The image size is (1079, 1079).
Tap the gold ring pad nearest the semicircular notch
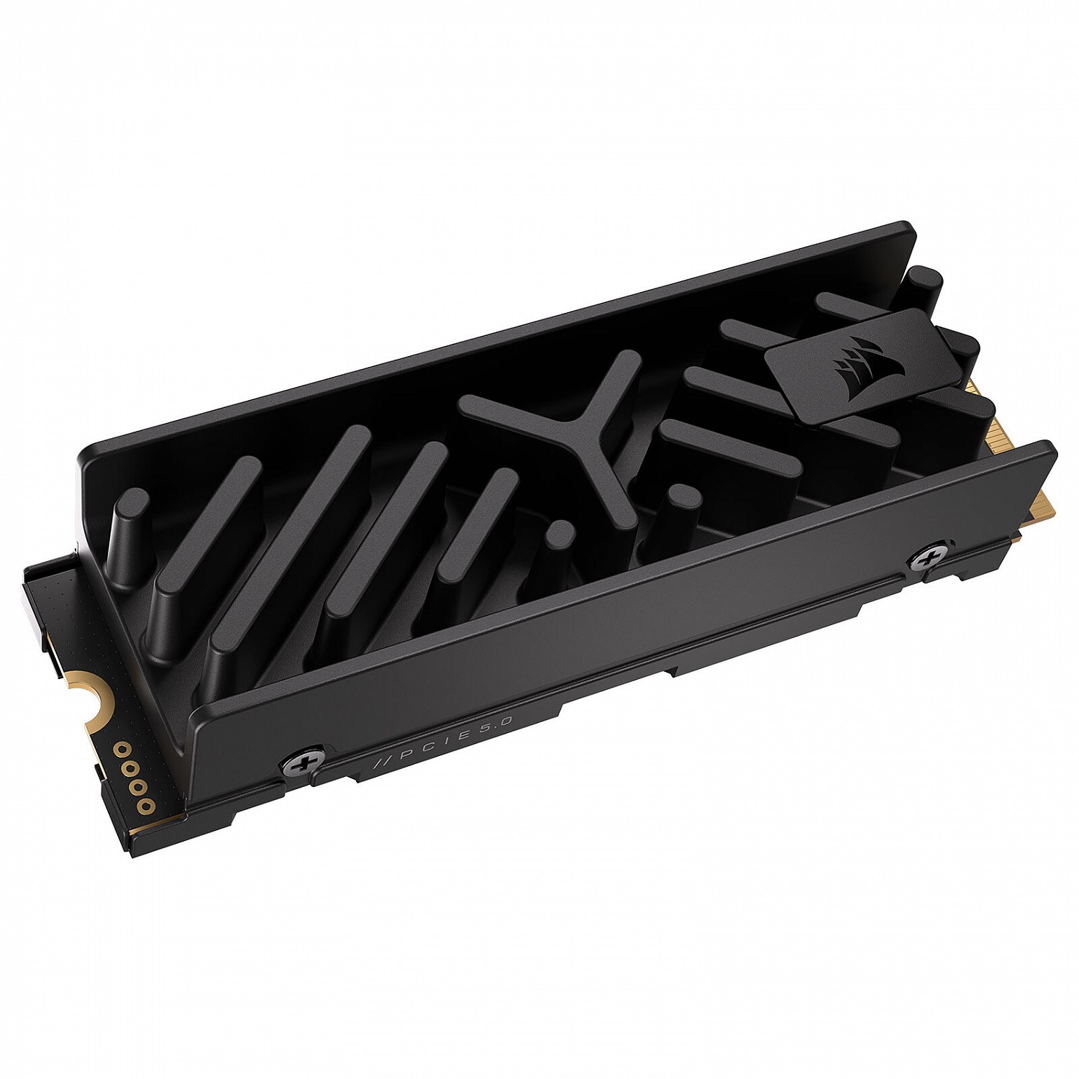pyautogui.click(x=119, y=747)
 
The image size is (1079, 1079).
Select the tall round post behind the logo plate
pyautogui.click(x=924, y=288)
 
